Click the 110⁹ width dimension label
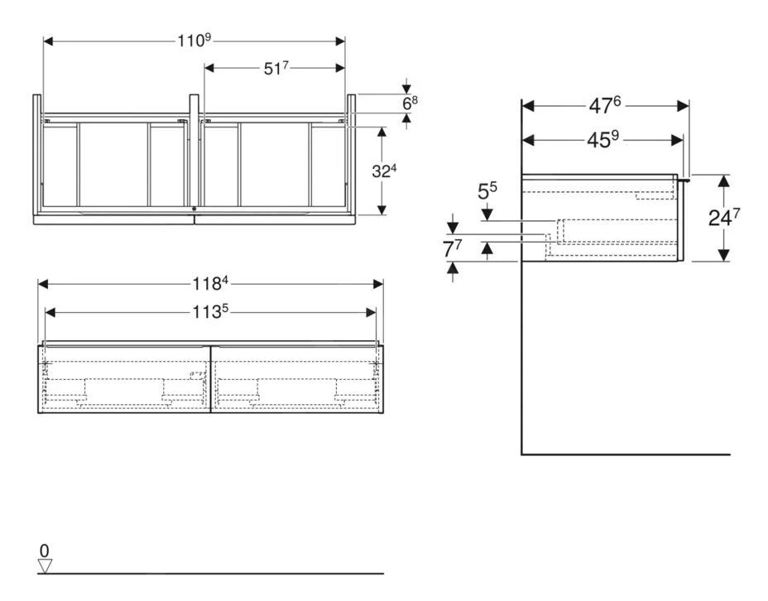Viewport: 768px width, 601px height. point(194,41)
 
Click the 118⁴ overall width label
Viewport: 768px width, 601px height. point(210,283)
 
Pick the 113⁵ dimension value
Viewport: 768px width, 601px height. point(210,312)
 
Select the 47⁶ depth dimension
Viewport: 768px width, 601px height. point(604,105)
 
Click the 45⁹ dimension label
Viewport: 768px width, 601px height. point(604,140)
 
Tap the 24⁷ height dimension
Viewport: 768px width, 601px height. point(724,218)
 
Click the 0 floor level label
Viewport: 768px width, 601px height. point(45,551)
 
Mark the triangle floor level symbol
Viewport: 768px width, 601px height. point(46,566)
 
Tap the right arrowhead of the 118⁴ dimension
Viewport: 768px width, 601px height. point(378,284)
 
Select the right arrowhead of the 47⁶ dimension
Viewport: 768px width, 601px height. point(684,106)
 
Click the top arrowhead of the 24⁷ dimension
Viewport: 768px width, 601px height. point(724,180)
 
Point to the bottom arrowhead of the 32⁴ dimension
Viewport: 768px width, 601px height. point(382,209)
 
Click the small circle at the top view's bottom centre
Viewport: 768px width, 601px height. point(194,209)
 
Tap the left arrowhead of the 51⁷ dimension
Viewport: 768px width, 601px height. point(209,69)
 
